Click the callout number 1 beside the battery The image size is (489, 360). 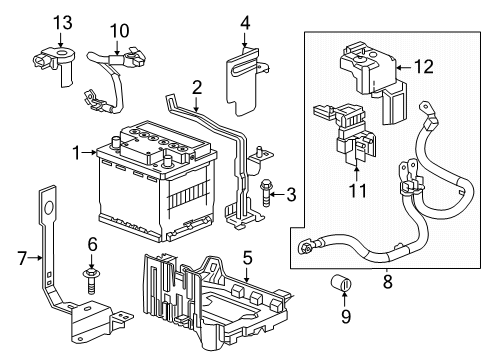tap(75, 153)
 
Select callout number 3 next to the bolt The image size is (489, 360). tap(290, 193)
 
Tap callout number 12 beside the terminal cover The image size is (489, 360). tap(424, 68)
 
